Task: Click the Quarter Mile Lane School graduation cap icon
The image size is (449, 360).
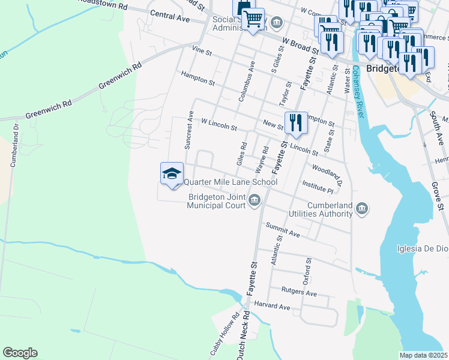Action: click(172, 174)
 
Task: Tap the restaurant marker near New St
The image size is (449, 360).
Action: click(295, 124)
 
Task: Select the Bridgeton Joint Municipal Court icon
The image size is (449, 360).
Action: click(255, 199)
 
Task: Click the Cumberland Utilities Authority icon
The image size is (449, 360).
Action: click(362, 208)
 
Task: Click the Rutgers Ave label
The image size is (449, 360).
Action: click(299, 293)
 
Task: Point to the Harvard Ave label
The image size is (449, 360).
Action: click(272, 306)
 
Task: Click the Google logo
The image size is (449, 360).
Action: click(20, 353)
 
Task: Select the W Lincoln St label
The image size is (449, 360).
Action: click(219, 124)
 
